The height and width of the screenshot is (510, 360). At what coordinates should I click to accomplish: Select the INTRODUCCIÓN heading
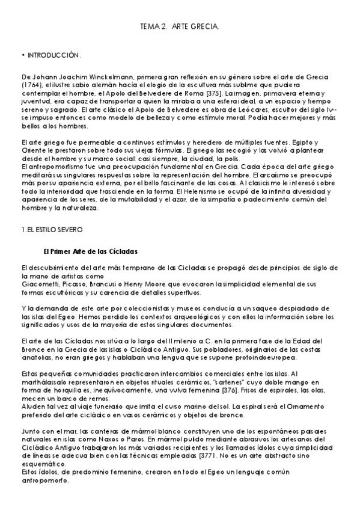[55, 55]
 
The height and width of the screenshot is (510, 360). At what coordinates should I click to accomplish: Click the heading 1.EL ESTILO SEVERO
[52, 229]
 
